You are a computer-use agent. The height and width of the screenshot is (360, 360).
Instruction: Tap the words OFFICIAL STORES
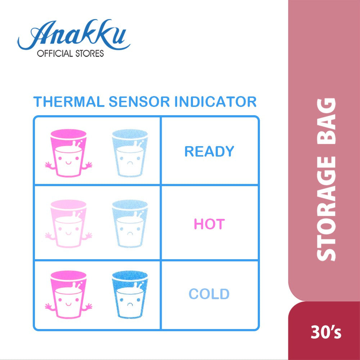click(x=70, y=54)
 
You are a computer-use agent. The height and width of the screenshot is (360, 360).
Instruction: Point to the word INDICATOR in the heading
click(x=215, y=102)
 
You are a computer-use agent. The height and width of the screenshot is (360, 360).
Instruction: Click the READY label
click(x=209, y=152)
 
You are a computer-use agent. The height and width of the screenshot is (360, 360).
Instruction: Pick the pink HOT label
click(x=209, y=224)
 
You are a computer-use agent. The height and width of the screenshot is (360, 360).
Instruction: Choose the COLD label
click(x=209, y=294)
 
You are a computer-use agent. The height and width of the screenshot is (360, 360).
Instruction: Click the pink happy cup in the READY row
click(x=68, y=153)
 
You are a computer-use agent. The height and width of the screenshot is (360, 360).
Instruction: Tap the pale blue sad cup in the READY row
click(x=130, y=153)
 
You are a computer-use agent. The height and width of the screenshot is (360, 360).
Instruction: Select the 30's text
click(x=326, y=333)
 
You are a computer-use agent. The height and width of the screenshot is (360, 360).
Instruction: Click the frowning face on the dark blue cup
click(x=130, y=301)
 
